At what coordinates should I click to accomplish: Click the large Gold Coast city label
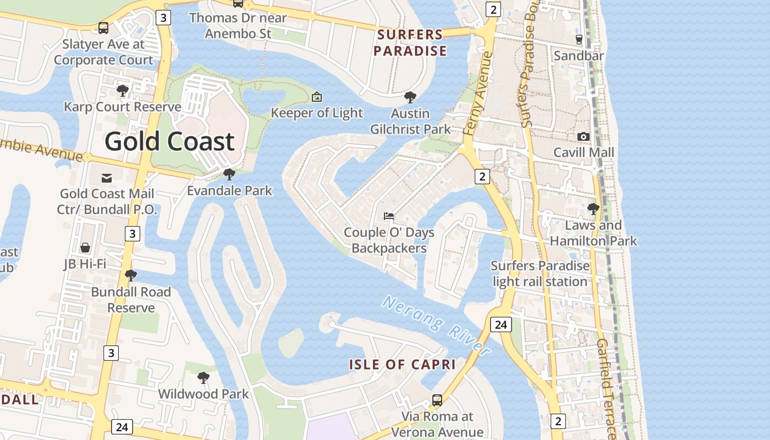(x=169, y=141)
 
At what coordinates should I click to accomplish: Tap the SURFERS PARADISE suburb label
(x=410, y=43)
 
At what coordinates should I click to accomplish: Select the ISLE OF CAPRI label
(x=402, y=364)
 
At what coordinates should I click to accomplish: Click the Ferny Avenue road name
(x=476, y=94)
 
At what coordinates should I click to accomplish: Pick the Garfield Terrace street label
(x=606, y=385)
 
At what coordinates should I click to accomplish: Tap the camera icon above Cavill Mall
(x=584, y=136)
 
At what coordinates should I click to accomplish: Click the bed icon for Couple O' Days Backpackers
(x=389, y=216)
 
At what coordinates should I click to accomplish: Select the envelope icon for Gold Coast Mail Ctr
(x=107, y=178)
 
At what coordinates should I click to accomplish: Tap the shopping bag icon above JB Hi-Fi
(x=85, y=248)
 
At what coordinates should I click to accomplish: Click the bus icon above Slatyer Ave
(x=103, y=28)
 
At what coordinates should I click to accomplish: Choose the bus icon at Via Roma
(x=437, y=400)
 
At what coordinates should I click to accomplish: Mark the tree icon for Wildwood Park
(x=204, y=378)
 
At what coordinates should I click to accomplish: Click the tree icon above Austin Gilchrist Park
(x=410, y=97)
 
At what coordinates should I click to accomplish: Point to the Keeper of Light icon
(x=317, y=97)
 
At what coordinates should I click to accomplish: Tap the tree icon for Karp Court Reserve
(x=123, y=90)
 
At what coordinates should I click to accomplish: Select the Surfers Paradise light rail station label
(x=540, y=273)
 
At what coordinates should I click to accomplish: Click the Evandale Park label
(x=229, y=191)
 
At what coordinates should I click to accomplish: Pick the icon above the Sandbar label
(x=579, y=39)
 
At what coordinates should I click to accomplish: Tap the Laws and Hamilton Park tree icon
(x=593, y=209)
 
